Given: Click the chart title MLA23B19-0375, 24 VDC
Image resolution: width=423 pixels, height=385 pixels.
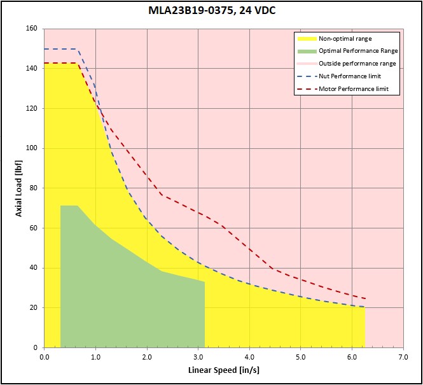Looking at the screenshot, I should pyautogui.click(x=212, y=11).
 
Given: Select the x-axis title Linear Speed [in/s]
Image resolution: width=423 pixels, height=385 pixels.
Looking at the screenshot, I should pyautogui.click(x=223, y=370).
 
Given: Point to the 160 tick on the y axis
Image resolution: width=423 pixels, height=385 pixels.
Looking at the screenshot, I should pyautogui.click(x=30, y=29).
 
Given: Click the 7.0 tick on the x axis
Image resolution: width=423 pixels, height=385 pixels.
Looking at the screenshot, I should pyautogui.click(x=403, y=356).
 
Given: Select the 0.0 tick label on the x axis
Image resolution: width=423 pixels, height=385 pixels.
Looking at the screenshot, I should pyautogui.click(x=44, y=356).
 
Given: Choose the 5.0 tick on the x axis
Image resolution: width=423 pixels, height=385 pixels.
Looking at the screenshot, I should pyautogui.click(x=300, y=356).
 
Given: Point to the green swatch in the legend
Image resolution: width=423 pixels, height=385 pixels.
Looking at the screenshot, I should pyautogui.click(x=307, y=50).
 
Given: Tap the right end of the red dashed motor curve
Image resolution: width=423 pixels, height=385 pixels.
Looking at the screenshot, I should pyautogui.click(x=365, y=298).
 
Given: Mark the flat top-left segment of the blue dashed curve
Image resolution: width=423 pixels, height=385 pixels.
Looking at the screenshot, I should pyautogui.click(x=60, y=49).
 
